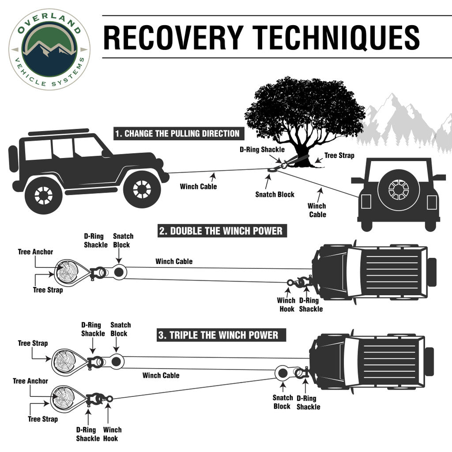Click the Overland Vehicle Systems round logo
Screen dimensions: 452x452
pyautogui.click(x=49, y=49)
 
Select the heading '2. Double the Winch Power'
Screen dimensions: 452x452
pyautogui.click(x=221, y=231)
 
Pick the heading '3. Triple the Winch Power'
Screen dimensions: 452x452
pyautogui.click(x=218, y=335)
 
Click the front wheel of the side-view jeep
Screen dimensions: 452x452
pyautogui.click(x=141, y=188)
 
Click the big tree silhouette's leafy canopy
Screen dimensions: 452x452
pyautogui.click(x=305, y=106)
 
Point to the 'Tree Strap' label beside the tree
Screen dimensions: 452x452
pyautogui.click(x=339, y=156)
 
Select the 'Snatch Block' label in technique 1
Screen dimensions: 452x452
pyautogui.click(x=275, y=194)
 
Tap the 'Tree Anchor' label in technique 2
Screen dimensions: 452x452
pyautogui.click(x=35, y=252)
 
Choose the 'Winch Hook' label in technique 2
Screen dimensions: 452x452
pyautogui.click(x=286, y=305)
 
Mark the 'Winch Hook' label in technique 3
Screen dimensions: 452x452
pyautogui.click(x=112, y=434)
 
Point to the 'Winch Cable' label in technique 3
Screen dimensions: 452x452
pyautogui.click(x=161, y=375)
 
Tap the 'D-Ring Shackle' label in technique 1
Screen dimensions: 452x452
pyautogui.click(x=262, y=150)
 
